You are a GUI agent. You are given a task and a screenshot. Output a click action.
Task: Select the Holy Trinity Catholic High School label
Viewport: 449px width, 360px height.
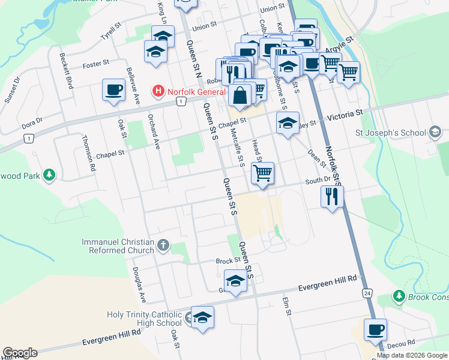(x=144, y=319)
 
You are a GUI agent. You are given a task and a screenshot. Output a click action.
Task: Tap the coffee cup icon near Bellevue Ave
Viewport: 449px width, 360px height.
(x=114, y=91)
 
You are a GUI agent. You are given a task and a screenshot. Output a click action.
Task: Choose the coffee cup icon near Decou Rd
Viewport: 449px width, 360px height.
(x=375, y=329)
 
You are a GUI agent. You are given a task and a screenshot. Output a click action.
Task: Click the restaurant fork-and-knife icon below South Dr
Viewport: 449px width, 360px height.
(x=331, y=196)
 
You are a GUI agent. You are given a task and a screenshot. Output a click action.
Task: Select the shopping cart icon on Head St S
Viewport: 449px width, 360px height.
(x=263, y=174)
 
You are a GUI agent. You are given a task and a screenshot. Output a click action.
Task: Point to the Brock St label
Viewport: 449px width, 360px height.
(x=228, y=261)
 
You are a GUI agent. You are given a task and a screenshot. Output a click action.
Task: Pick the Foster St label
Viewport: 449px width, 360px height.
(x=95, y=63)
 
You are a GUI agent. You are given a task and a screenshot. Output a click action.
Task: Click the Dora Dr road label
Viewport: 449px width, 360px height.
(x=32, y=123)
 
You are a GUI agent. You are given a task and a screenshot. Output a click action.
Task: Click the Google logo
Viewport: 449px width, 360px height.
(x=20, y=353)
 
